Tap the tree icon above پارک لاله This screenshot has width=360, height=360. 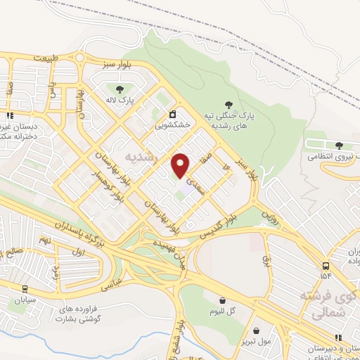pyautogui.click(x=118, y=89)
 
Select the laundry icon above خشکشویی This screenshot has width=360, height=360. pyautogui.click(x=172, y=114)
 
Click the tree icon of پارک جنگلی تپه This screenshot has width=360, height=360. pyautogui.click(x=227, y=105)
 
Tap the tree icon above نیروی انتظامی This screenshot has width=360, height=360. pyautogui.click(x=339, y=146)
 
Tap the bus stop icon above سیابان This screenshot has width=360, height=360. pyautogui.click(x=25, y=288)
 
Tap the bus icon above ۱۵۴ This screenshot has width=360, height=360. pyautogui.click(x=325, y=266)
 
